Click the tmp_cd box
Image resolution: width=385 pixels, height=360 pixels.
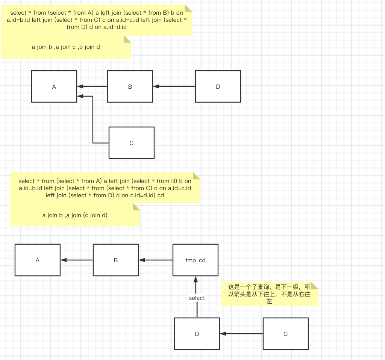tap(196, 260)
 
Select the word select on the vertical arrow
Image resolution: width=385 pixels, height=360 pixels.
tap(197, 298)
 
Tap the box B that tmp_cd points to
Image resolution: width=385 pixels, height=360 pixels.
tap(116, 260)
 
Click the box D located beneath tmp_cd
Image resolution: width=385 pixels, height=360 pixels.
tap(197, 334)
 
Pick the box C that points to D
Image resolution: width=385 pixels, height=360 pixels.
tap(286, 334)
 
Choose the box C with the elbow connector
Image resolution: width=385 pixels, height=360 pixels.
tap(132, 143)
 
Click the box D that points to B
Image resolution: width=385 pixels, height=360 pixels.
tap(218, 86)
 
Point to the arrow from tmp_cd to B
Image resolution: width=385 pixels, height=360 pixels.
tap(156, 260)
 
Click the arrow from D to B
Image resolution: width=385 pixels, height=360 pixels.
tap(174, 86)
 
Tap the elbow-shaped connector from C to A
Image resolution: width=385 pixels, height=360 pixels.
tap(93, 120)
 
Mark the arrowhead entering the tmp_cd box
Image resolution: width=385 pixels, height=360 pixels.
tap(196, 279)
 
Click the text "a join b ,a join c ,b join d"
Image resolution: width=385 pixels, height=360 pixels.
tap(66, 47)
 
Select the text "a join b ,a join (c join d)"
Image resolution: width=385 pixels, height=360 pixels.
tap(75, 215)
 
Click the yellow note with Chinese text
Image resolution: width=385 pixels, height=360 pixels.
tap(269, 294)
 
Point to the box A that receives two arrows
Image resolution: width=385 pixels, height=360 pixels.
tap(54, 86)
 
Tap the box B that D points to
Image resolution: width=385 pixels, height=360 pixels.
tap(130, 86)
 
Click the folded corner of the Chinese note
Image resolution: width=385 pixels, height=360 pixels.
tap(315, 285)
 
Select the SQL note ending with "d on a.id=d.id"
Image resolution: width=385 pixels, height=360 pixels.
tap(97, 20)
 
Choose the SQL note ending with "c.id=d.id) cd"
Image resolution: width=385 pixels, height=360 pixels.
tap(105, 188)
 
